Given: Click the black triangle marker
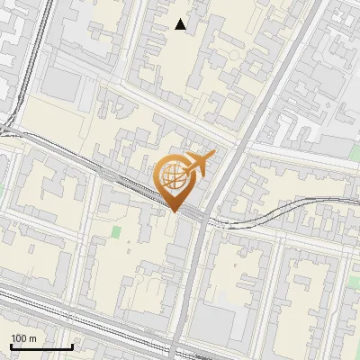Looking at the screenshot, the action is pos(181,24).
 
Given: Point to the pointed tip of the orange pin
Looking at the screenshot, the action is pos(175,211).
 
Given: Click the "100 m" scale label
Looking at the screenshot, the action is pos(23,338).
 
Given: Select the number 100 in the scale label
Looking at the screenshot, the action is pos(19,338).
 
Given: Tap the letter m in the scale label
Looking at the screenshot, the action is pos(33,338).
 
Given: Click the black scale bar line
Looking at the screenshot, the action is pos(40,346).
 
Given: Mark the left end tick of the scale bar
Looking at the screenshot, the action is pos(10,345).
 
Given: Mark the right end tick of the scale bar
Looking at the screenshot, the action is pos(72,345).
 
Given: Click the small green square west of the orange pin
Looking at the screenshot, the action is pos(115,232).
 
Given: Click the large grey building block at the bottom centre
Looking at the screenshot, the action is pos(231,329).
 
